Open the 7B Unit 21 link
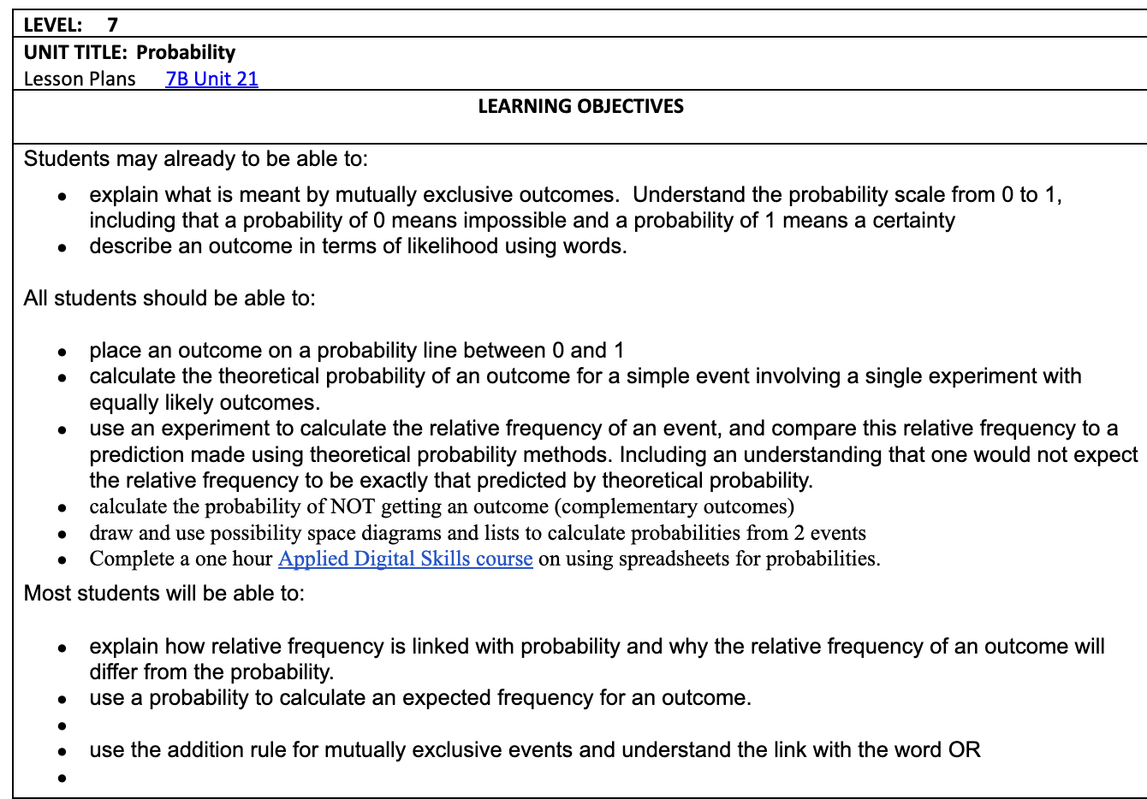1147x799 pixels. [x=211, y=79]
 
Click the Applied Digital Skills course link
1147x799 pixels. [x=405, y=559]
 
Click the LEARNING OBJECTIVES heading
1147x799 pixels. [x=580, y=106]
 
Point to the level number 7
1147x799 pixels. [x=112, y=25]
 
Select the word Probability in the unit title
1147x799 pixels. [x=186, y=52]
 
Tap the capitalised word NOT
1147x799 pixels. [x=352, y=506]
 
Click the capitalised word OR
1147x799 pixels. [x=964, y=750]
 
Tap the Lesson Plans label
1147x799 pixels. [x=80, y=79]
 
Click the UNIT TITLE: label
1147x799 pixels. [x=76, y=52]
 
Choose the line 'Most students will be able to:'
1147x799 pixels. [x=164, y=594]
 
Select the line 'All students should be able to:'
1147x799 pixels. [x=169, y=299]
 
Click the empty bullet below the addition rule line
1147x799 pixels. [x=62, y=778]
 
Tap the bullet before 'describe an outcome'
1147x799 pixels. [x=62, y=248]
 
